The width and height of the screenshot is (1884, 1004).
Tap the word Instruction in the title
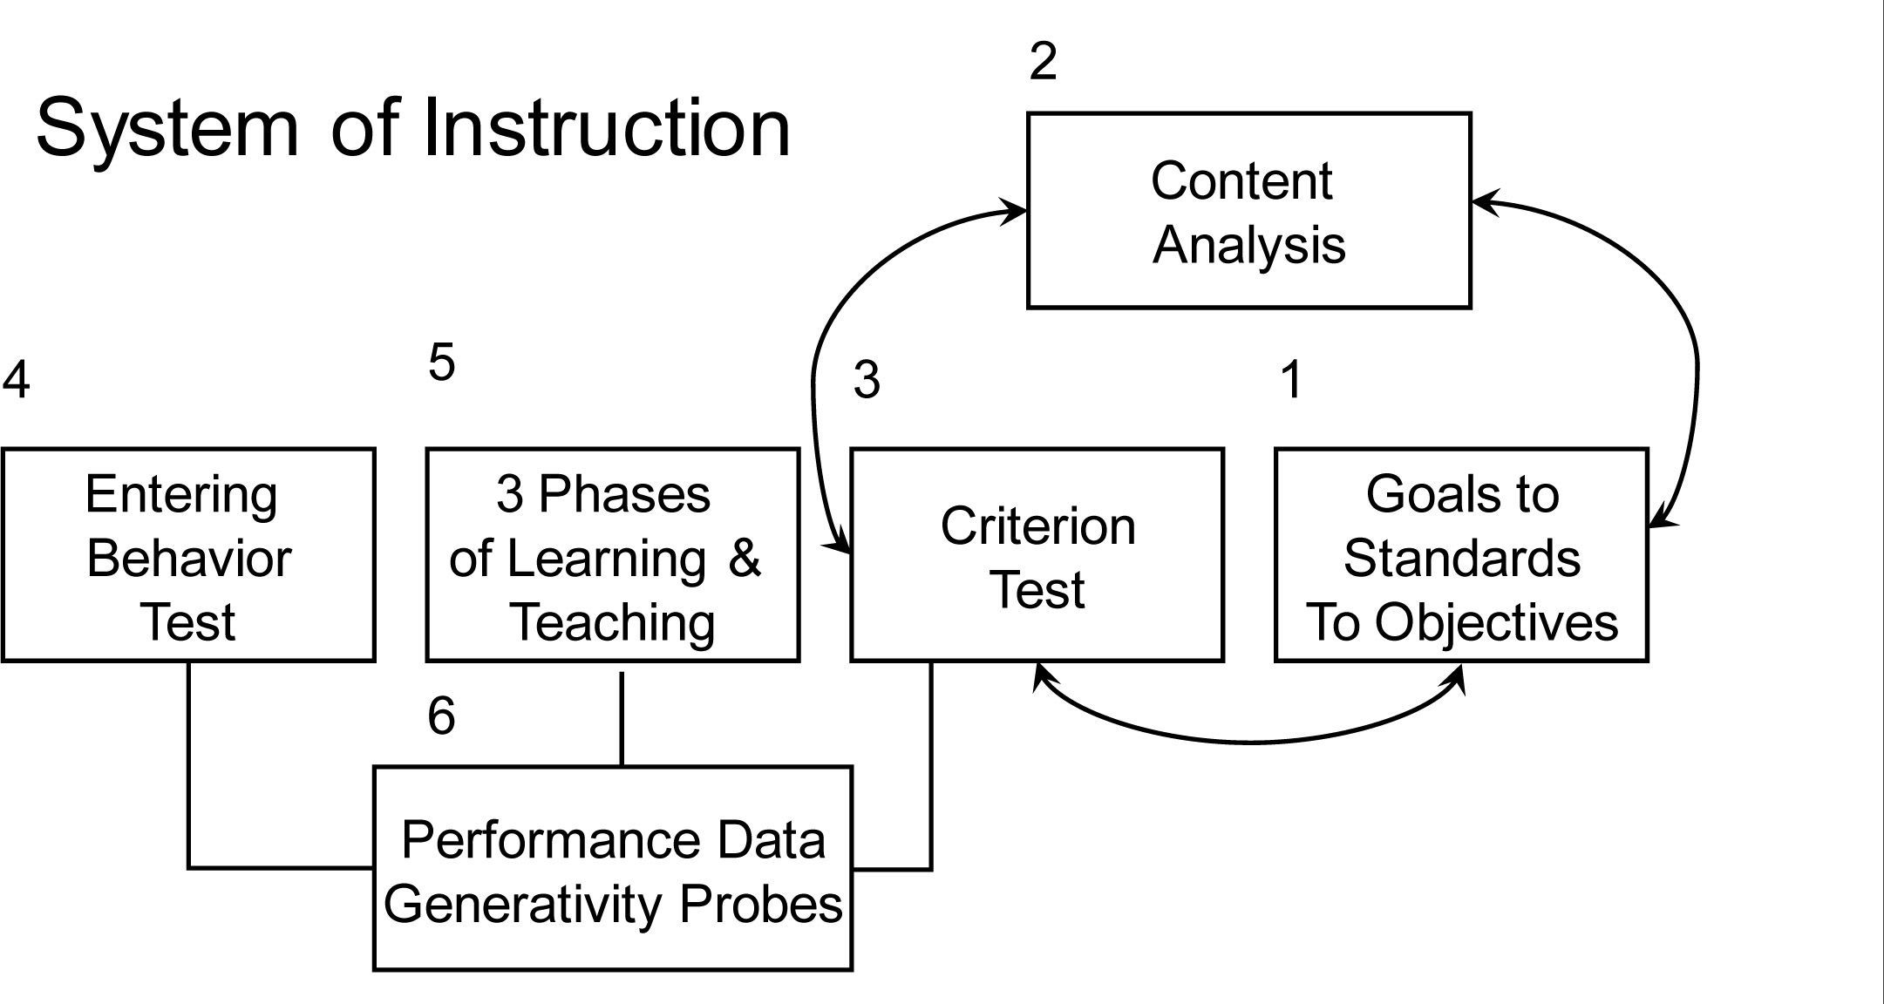607,127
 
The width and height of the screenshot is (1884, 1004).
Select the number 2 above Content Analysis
1043,62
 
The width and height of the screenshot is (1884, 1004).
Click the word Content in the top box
1241,181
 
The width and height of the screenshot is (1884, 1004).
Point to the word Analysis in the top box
1248,245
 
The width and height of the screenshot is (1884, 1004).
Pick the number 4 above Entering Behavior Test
16,381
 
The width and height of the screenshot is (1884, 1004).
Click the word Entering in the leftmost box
181,494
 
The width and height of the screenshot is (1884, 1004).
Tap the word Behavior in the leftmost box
188,559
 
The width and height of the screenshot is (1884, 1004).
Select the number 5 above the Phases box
441,362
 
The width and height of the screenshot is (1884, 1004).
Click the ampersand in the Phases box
744,558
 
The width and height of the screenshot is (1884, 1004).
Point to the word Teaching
612,622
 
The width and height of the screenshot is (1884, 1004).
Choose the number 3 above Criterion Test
866,381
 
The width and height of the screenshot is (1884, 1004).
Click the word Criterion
1037,526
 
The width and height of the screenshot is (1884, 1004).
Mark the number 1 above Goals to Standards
1291,381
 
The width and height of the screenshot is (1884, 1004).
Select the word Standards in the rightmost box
1461,559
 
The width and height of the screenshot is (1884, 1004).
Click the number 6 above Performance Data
441,716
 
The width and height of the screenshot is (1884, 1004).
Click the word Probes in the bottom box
760,904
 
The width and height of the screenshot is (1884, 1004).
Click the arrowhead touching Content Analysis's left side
1015,211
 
